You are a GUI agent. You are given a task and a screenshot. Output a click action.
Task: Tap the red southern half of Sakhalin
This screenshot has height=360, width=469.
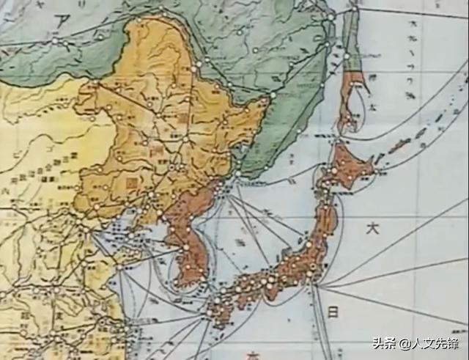[353, 99]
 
